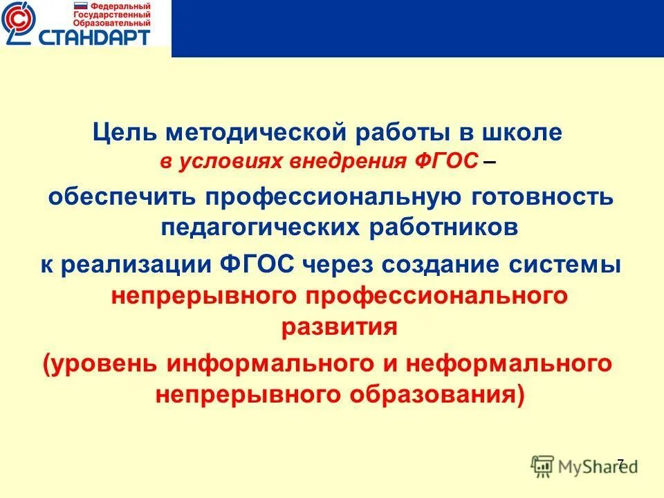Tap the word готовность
[539, 197]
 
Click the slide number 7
[620, 463]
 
